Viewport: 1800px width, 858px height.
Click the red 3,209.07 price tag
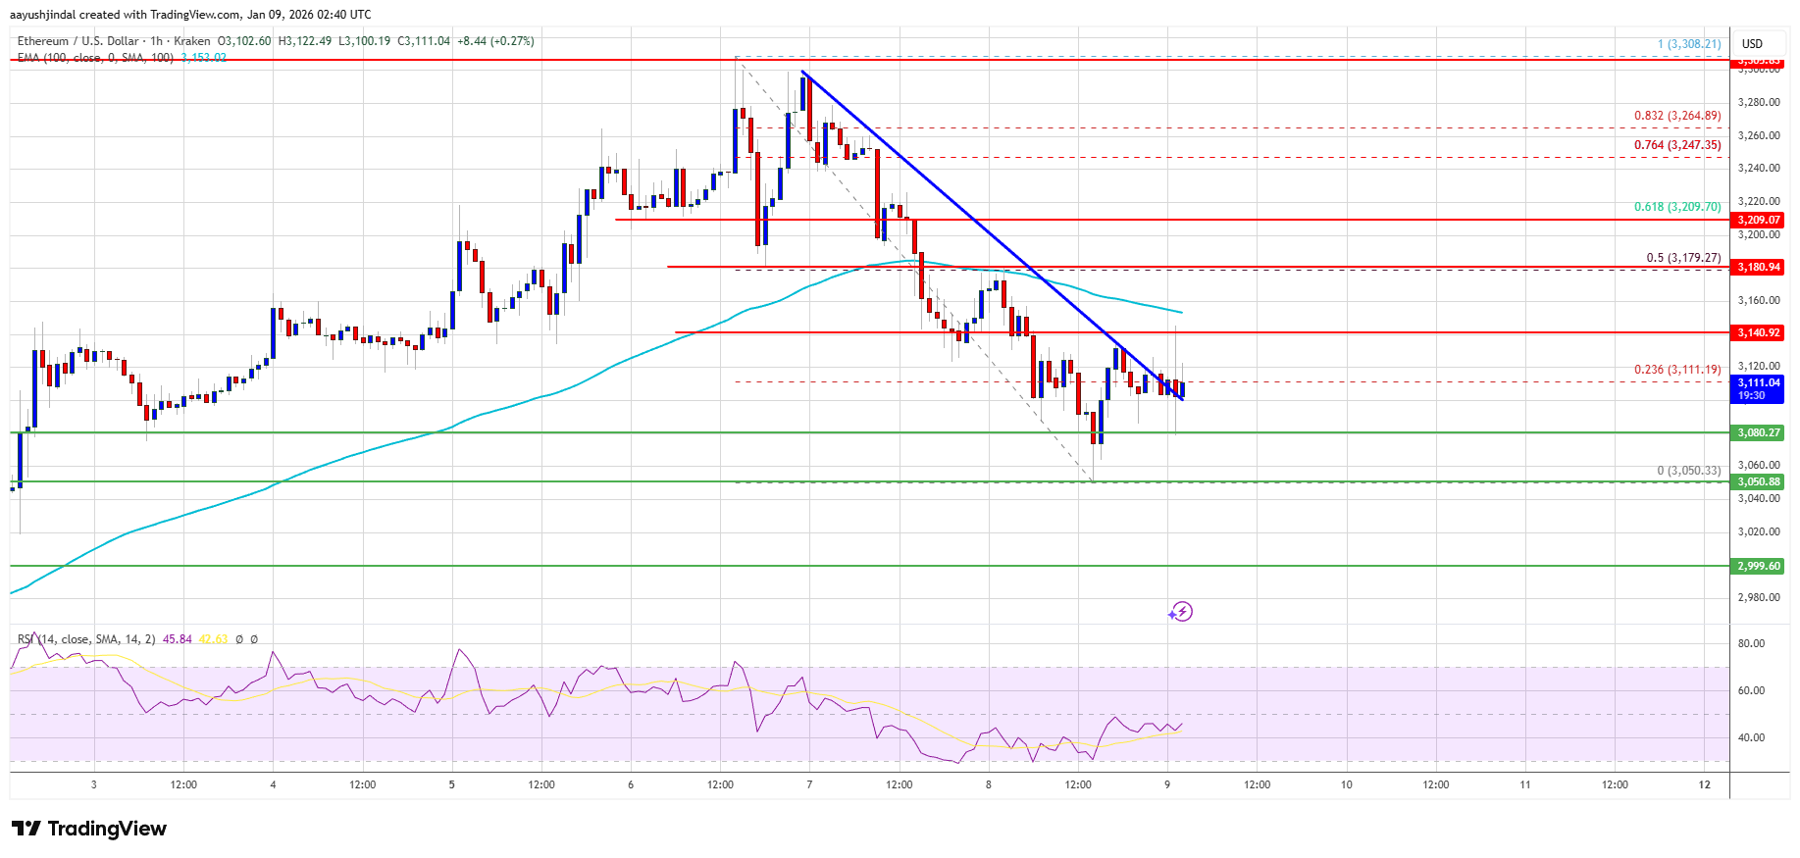(1758, 220)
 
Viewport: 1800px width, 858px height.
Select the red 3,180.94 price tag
(1758, 267)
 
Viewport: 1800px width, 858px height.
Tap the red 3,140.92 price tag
(1758, 332)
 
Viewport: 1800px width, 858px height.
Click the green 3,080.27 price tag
(1758, 432)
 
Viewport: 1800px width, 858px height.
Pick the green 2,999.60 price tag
(1758, 566)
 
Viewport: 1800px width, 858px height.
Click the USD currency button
(1752, 43)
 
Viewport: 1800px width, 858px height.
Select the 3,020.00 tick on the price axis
(1758, 531)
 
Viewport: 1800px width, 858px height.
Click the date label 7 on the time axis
(809, 784)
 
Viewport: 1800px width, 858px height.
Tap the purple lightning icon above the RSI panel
(1180, 612)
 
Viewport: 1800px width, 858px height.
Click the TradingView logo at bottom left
(89, 829)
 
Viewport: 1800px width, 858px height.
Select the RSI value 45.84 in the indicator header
(177, 639)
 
